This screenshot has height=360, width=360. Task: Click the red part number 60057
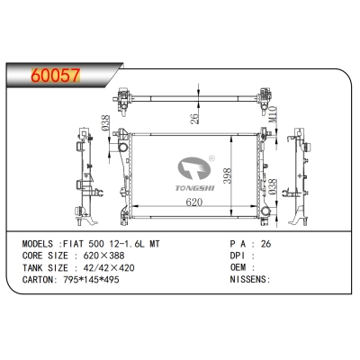[56, 76]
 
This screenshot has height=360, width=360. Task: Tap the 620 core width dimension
[194, 202]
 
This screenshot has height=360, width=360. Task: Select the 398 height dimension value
[228, 175]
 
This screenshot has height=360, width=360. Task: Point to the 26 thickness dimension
[194, 119]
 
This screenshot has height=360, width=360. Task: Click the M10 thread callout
[273, 114]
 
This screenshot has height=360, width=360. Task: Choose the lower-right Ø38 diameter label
[273, 187]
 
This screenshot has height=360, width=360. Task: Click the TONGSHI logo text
[195, 188]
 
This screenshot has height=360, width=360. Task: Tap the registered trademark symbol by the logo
[211, 157]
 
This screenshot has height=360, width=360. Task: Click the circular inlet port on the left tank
[122, 148]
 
